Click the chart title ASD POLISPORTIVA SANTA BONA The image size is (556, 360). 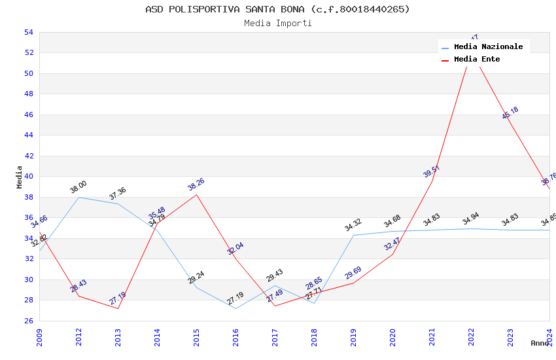[278, 9]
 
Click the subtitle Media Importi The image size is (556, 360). [278, 23]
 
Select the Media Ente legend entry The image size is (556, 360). [477, 60]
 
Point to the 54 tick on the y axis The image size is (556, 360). [28, 32]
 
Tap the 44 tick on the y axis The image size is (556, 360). [28, 135]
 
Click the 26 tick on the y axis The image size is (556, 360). [28, 321]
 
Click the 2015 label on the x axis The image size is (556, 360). [196, 334]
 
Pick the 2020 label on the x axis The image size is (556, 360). [392, 334]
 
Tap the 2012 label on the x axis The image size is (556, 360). [78, 334]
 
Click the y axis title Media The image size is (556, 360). [20, 177]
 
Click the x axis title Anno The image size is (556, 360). [540, 343]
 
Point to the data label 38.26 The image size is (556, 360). [196, 184]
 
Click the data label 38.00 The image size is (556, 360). [78, 187]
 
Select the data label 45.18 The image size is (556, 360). [510, 113]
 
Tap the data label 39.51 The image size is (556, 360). [432, 171]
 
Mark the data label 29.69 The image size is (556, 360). [353, 272]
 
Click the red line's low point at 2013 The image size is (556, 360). [118, 308]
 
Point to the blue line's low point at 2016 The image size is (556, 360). [235, 308]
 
